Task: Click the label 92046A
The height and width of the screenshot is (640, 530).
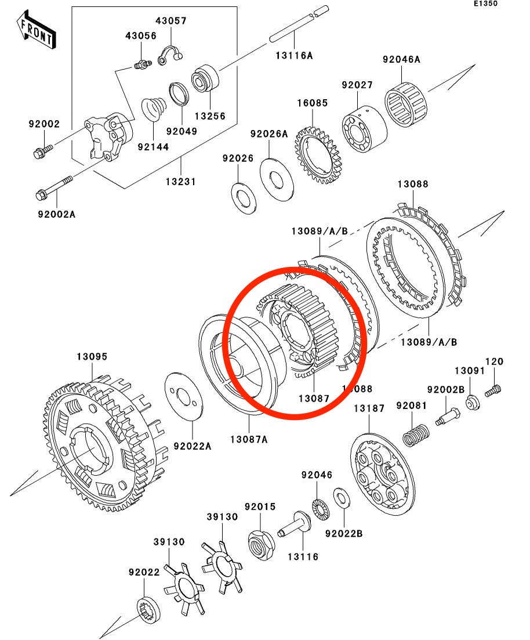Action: (401, 60)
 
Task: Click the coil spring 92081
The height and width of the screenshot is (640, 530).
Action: (416, 434)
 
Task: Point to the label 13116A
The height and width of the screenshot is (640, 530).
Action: (293, 56)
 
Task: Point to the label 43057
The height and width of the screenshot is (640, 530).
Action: (170, 21)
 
